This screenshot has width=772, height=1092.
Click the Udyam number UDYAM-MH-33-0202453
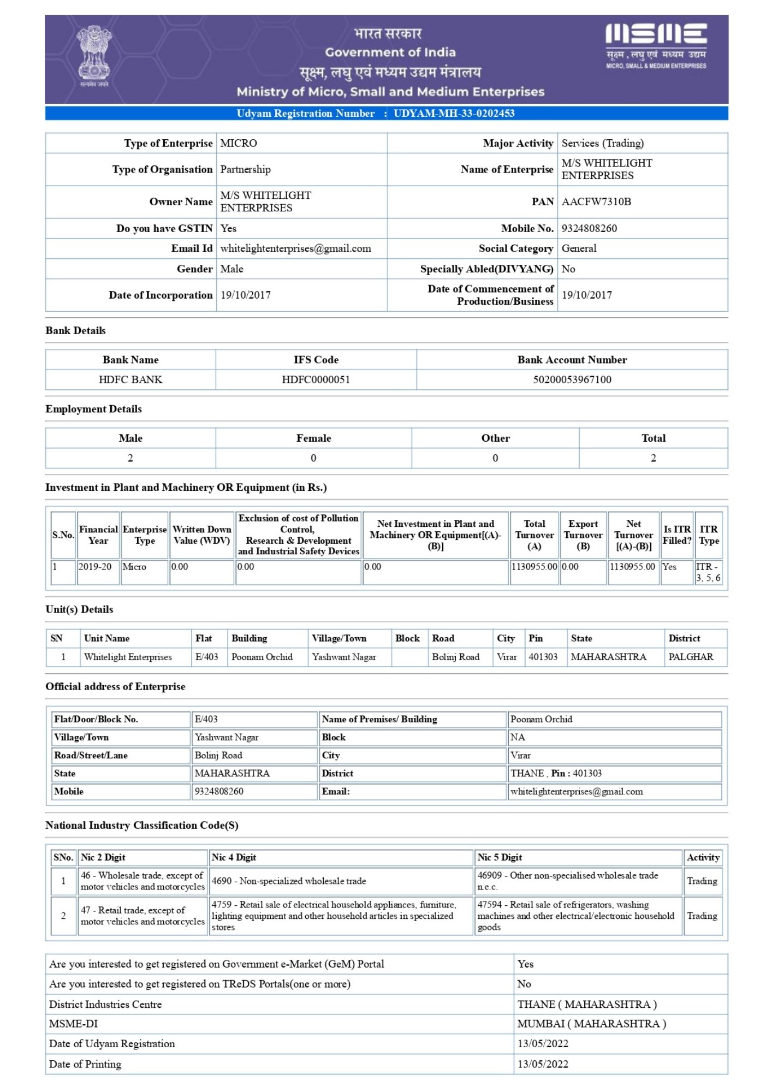click(x=454, y=114)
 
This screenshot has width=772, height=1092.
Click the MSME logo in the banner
click(x=656, y=46)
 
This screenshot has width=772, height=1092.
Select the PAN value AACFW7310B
click(x=596, y=202)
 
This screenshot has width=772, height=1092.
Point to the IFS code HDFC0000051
click(x=316, y=380)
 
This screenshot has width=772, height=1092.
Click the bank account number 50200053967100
click(x=572, y=380)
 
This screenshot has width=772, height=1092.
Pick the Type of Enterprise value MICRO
click(x=239, y=144)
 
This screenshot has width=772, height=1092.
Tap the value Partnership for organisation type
click(x=245, y=170)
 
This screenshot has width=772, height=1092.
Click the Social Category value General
click(x=579, y=249)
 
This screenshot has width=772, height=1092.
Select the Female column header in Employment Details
click(x=313, y=438)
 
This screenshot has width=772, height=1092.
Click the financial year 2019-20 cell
click(x=95, y=567)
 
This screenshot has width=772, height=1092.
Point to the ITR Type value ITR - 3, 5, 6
click(x=708, y=572)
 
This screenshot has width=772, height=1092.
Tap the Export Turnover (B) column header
click(x=583, y=535)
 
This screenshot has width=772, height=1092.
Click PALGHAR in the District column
click(x=691, y=657)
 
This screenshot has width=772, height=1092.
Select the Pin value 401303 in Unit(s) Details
click(x=543, y=657)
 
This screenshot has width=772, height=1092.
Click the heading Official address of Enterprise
click(x=115, y=687)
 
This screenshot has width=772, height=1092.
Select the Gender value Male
click(x=231, y=269)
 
